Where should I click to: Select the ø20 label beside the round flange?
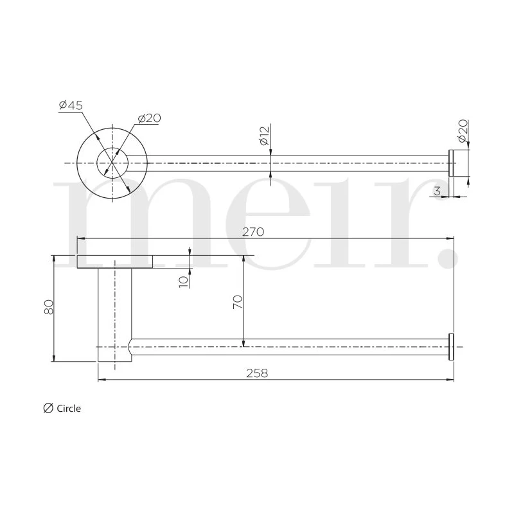tap(148, 118)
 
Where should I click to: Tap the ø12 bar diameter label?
tap(263, 136)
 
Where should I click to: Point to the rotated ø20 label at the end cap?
tap(462, 130)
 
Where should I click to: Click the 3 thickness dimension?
tap(437, 190)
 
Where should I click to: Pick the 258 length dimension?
tap(258, 373)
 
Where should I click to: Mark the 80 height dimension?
tap(48, 308)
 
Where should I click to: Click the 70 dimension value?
tap(237, 302)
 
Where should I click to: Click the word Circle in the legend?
tap(69, 409)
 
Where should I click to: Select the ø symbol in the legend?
tap(48, 408)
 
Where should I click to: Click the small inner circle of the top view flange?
tap(112, 163)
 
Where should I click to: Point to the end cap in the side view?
tap(452, 347)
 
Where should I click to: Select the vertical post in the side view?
tap(114, 315)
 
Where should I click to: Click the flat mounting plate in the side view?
tap(115, 261)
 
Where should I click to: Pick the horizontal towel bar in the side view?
tap(289, 347)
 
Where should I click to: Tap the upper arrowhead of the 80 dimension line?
tap(54, 258)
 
